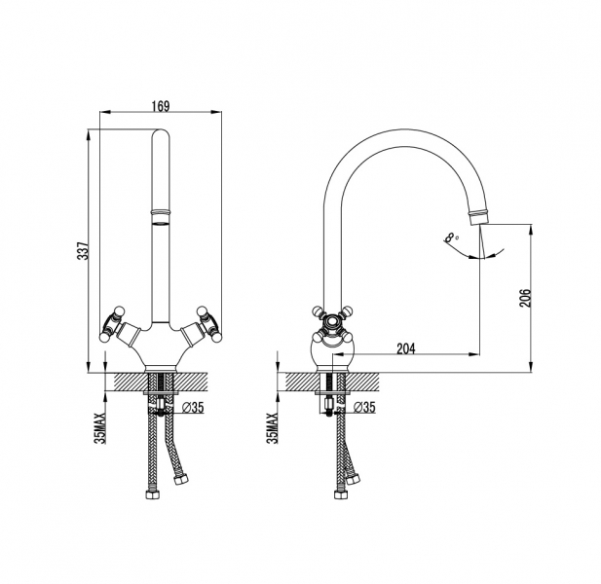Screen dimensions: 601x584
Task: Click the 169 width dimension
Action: (161, 106)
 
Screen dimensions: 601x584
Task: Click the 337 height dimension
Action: (83, 251)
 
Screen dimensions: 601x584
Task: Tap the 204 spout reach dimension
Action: (406, 348)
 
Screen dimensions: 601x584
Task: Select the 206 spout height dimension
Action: (525, 298)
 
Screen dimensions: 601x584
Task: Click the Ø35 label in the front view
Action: (193, 408)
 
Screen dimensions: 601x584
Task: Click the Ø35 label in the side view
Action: (364, 408)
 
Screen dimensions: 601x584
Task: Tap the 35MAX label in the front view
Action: (101, 427)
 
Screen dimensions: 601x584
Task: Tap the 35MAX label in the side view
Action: (273, 427)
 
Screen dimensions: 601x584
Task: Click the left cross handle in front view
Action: (112, 323)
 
